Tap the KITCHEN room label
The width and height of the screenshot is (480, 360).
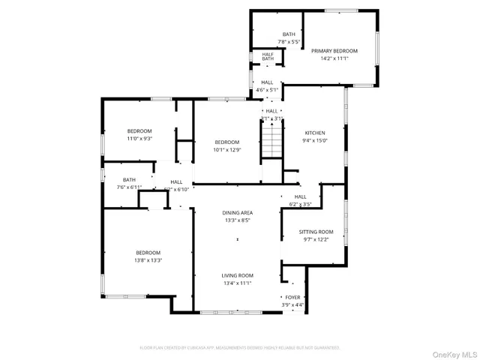tap(314, 132)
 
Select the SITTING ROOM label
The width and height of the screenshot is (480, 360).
tap(316, 232)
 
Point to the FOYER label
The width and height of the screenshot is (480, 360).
tap(292, 297)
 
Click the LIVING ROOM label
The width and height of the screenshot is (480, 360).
tap(236, 275)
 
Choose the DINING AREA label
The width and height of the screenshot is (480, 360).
tap(236, 213)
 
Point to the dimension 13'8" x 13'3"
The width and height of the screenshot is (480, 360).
tap(148, 260)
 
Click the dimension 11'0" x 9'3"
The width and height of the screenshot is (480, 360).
tap(139, 139)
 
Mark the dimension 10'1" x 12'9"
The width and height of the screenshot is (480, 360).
tap(226, 150)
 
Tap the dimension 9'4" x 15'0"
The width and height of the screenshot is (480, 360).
tap(314, 139)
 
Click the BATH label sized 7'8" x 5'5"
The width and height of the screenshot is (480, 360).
tap(289, 34)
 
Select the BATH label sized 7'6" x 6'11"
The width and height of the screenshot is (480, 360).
tap(130, 179)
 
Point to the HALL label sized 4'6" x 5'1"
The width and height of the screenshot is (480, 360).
tap(267, 82)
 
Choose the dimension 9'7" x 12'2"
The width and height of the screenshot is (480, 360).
tap(316, 240)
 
